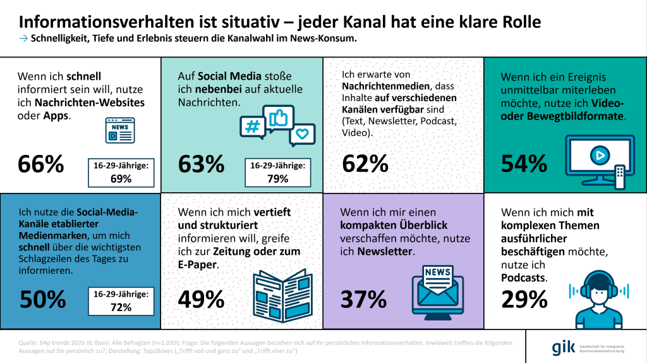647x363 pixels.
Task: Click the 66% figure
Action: click(41, 164)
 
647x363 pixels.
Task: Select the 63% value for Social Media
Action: click(202, 164)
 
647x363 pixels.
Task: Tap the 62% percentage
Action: click(365, 164)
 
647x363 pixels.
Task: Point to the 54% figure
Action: click(524, 164)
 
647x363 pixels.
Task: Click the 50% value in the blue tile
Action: click(43, 299)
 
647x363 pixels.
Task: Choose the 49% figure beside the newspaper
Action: click(202, 299)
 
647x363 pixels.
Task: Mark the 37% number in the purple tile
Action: click(363, 299)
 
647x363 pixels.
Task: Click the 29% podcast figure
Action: click(524, 299)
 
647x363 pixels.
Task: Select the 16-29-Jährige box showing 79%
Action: click(278, 172)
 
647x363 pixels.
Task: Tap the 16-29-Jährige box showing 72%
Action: click(121, 301)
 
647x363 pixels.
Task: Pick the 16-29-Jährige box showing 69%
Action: click(121, 173)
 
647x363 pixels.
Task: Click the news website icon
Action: click(120, 130)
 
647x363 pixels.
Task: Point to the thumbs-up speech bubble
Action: click(279, 118)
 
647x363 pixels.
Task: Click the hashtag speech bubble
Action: click(253, 128)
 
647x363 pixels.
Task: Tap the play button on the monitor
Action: click(600, 156)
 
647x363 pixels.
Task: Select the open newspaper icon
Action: click(282, 296)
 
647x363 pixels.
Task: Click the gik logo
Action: click(563, 348)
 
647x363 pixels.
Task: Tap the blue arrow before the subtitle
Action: click(23, 39)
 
